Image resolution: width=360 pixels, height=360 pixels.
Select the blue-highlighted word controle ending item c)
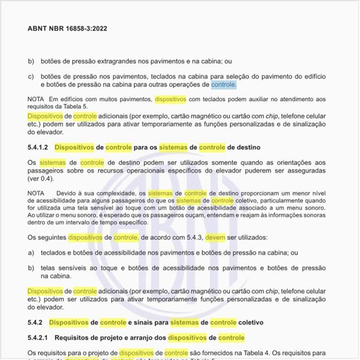(x=224, y=85)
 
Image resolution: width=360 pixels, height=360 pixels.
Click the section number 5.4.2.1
(x=39, y=338)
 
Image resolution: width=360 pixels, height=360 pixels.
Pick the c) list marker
(x=31, y=76)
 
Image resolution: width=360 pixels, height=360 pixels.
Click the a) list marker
(x=31, y=251)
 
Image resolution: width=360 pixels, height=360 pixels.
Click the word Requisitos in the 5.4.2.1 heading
(x=77, y=338)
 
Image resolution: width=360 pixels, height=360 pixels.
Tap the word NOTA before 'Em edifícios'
(x=36, y=99)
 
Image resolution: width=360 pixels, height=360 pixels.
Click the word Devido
(x=67, y=194)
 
